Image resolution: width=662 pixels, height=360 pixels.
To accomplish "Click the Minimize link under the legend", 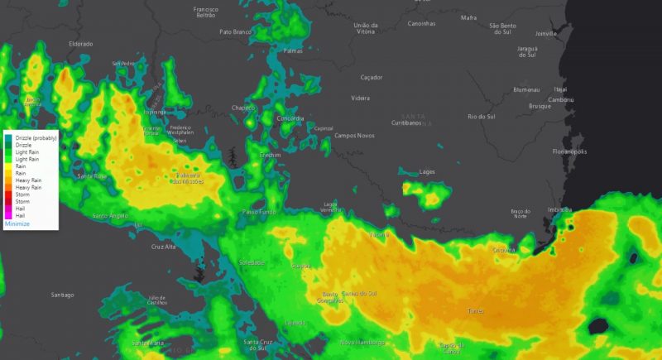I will click(x=17, y=223).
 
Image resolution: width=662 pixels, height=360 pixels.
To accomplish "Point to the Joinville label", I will click(x=546, y=34).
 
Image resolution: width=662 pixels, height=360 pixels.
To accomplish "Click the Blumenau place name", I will click(x=526, y=89).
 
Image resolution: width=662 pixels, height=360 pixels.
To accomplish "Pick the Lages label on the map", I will click(x=428, y=171).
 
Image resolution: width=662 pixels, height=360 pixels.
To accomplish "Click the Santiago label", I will click(x=62, y=295).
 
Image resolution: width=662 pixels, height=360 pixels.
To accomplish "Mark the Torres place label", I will click(x=475, y=311).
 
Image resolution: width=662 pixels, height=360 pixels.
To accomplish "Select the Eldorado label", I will click(x=81, y=43).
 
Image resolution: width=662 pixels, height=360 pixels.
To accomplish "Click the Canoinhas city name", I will click(x=422, y=23).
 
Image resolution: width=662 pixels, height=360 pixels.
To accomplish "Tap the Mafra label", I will click(x=469, y=17).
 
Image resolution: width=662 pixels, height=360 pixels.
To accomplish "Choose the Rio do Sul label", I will click(x=481, y=117).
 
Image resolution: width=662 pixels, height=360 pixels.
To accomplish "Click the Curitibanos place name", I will click(x=406, y=122).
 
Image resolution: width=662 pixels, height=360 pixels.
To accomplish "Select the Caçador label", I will click(x=372, y=77).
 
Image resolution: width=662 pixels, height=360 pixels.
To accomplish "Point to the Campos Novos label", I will click(x=354, y=136).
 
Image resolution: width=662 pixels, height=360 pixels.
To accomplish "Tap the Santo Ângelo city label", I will click(x=110, y=215).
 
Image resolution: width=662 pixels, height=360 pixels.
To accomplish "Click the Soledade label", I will click(x=252, y=262).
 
